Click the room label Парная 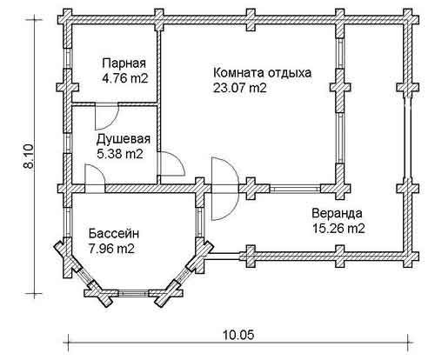pyautogui.click(x=124, y=63)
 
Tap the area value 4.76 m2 pyautogui.click(x=125, y=78)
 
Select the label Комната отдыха pyautogui.click(x=262, y=72)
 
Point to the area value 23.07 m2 pyautogui.click(x=239, y=88)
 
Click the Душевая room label pyautogui.click(x=124, y=139)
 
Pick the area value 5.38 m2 pyautogui.click(x=120, y=154)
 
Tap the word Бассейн pyautogui.click(x=114, y=233)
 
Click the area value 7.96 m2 pyautogui.click(x=112, y=249)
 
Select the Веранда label pyautogui.click(x=337, y=213)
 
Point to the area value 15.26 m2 pyautogui.click(x=338, y=229)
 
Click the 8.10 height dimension pyautogui.click(x=30, y=156)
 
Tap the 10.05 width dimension pyautogui.click(x=238, y=335)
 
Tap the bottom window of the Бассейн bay pyautogui.click(x=133, y=293)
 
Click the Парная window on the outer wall pyautogui.click(x=68, y=58)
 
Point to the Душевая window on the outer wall pyautogui.click(x=68, y=143)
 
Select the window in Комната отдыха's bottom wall pyautogui.click(x=295, y=189)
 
